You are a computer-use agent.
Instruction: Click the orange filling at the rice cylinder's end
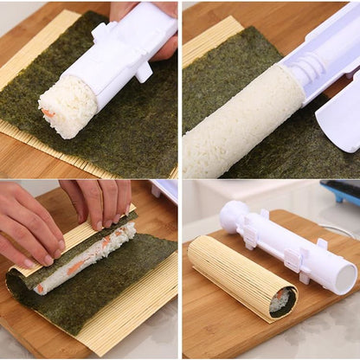(x=49, y=113)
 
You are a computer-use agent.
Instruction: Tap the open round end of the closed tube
(x=346, y=279)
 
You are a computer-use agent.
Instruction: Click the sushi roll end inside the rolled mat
(x=280, y=300)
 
